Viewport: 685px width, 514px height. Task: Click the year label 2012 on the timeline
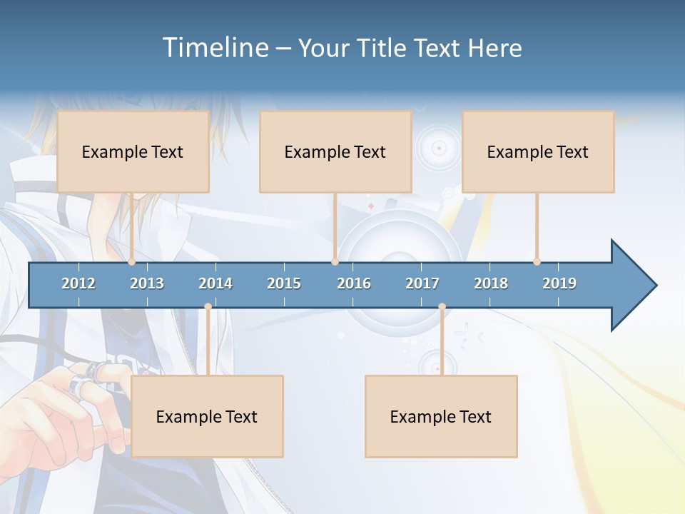(78, 283)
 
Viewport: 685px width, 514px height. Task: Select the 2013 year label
(147, 283)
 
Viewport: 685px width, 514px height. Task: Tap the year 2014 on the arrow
(215, 283)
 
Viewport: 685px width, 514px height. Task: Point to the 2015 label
(284, 283)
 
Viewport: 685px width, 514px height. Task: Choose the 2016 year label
(354, 283)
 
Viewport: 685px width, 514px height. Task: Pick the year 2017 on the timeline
(422, 283)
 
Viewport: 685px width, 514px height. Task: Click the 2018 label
(491, 283)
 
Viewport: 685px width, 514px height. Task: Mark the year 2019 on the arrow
(559, 283)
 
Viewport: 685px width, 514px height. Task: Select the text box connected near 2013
(133, 151)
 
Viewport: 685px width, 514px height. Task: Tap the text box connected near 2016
(335, 151)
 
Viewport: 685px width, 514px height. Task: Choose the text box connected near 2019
(538, 151)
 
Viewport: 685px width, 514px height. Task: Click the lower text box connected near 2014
(207, 416)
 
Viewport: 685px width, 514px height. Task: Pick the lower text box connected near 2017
(441, 416)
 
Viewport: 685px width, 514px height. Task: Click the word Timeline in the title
(215, 48)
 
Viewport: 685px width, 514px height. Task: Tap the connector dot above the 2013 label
(132, 262)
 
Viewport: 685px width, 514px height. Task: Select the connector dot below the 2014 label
(208, 307)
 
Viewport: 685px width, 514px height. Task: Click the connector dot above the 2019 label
(537, 262)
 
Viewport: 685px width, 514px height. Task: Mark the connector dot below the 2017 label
(442, 307)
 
